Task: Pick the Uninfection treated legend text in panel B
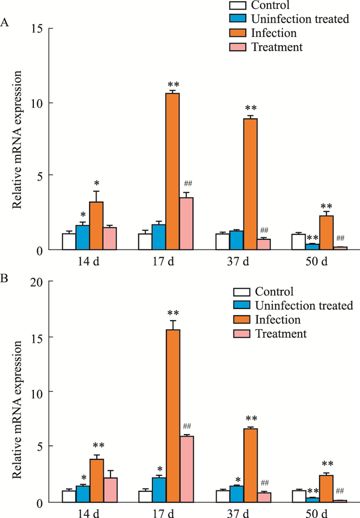pyautogui.click(x=303, y=306)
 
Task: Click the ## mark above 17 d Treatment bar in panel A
pyautogui.click(x=187, y=183)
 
